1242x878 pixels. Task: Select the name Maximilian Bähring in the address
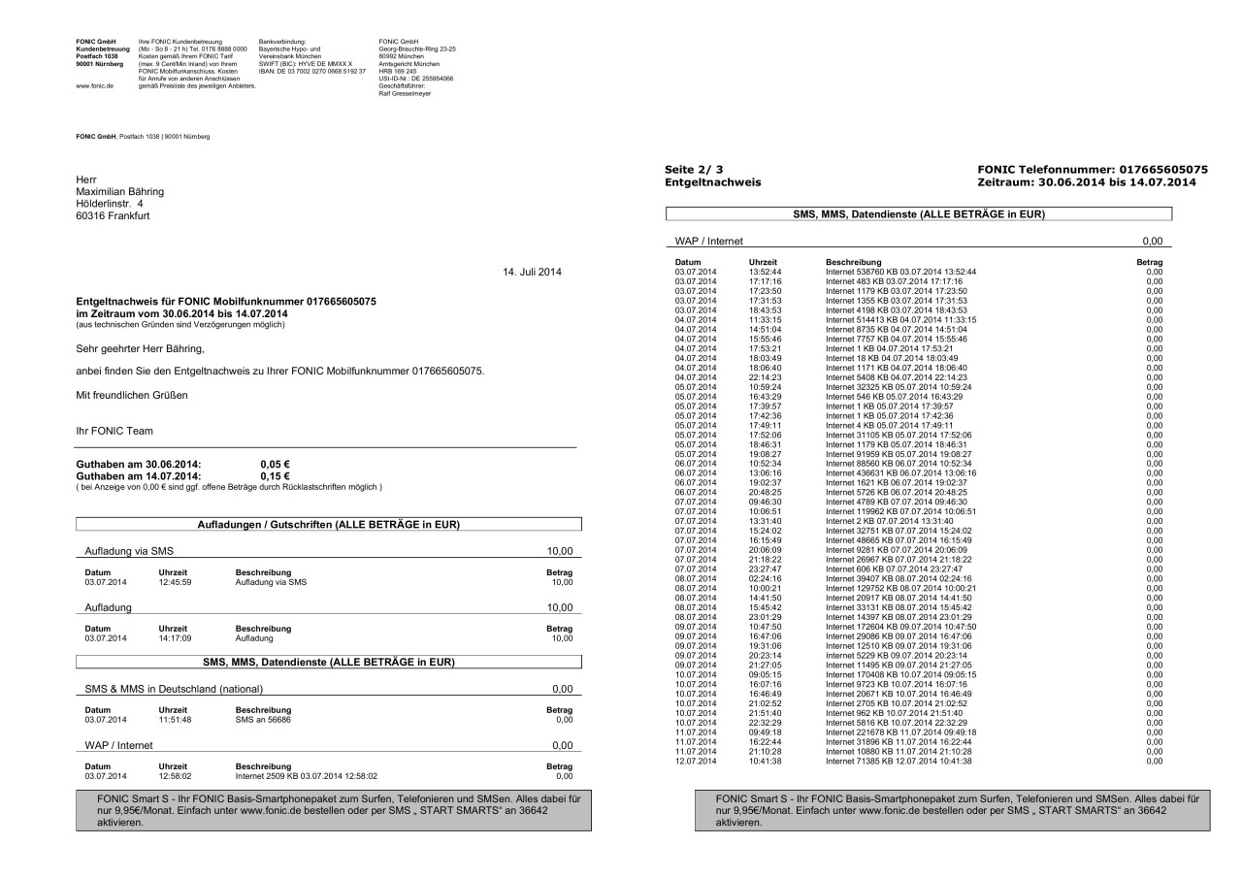(x=119, y=191)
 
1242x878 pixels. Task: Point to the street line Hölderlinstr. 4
(x=109, y=203)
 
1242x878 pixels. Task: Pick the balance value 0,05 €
(x=276, y=465)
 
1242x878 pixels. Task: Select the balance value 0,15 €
(x=276, y=475)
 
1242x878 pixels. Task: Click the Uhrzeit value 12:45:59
(x=177, y=582)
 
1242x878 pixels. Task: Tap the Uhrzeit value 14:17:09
(x=177, y=638)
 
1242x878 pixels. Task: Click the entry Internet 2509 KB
(x=307, y=776)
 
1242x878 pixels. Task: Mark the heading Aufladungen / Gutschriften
(x=328, y=525)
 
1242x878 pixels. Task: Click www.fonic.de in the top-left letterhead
(x=90, y=85)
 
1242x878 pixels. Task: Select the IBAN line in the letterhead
(x=311, y=72)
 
